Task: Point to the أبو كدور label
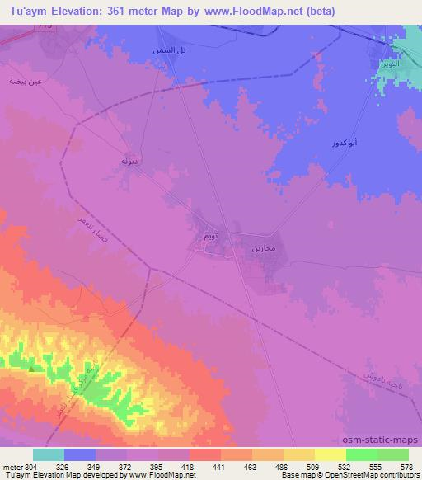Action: pos(344,143)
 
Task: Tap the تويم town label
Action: pos(211,237)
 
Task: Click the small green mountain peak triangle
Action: pos(32,369)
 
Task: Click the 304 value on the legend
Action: pos(30,467)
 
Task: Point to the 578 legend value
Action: pos(408,467)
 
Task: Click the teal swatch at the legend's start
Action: pos(49,454)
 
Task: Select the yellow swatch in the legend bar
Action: pos(331,454)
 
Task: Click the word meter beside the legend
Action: pos(11,467)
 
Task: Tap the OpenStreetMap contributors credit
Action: pos(375,476)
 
